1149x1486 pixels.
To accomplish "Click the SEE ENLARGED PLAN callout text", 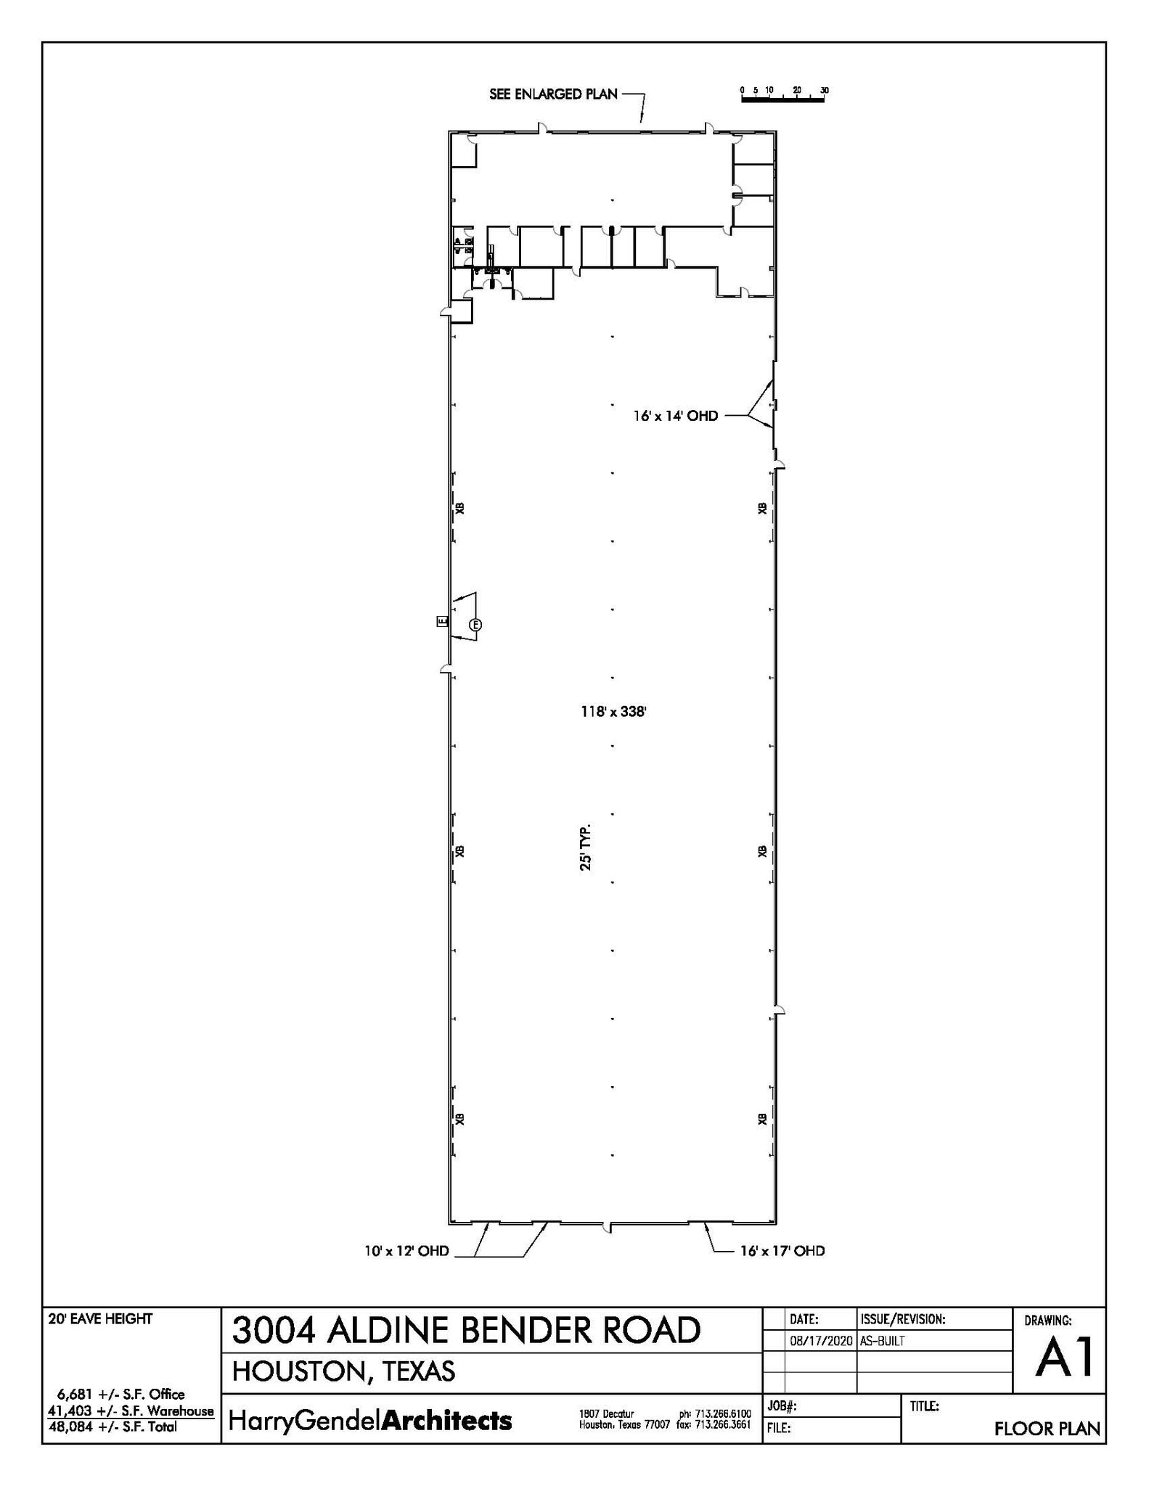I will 553,94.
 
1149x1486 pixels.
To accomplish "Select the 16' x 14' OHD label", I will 675,416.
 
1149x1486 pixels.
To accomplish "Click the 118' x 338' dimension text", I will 613,712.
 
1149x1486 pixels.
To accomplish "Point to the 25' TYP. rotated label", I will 586,847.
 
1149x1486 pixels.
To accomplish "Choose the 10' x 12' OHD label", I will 406,1251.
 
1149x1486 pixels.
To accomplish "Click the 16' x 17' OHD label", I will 782,1251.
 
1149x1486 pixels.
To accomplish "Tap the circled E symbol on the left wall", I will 475,625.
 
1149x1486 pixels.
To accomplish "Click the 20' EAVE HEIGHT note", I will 100,1319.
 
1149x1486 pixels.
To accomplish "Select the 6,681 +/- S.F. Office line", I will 120,1394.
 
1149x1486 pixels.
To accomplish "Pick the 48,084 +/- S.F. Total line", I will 113,1427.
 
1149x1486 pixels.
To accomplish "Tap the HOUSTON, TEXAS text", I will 343,1371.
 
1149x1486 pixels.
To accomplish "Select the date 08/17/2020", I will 820,1341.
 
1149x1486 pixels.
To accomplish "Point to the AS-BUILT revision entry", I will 882,1341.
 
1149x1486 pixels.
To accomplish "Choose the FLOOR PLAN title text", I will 1047,1429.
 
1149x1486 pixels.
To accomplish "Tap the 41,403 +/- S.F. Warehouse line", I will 131,1411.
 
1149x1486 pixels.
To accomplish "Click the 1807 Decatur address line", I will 607,1413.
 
